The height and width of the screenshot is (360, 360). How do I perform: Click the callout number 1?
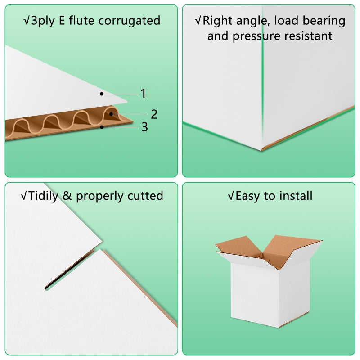tap(143, 94)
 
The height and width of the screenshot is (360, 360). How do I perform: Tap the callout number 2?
tap(154, 114)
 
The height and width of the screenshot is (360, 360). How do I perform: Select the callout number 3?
tap(144, 127)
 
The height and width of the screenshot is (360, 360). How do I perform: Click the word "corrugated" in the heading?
tap(129, 21)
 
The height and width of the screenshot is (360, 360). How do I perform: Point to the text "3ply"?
tap(43, 21)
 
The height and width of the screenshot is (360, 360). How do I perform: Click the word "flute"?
tap(81, 20)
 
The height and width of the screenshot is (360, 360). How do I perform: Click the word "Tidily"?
tap(43, 196)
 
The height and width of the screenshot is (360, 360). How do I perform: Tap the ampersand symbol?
tap(67, 196)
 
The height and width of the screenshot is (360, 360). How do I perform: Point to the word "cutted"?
tap(145, 196)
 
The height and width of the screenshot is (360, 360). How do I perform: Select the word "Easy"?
tap(247, 196)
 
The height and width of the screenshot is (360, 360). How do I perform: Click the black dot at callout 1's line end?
tap(102, 94)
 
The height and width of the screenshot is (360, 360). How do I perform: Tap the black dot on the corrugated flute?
tap(111, 114)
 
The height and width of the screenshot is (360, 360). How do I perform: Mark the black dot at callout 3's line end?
tap(102, 127)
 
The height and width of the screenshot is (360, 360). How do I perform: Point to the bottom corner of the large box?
tap(262, 150)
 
